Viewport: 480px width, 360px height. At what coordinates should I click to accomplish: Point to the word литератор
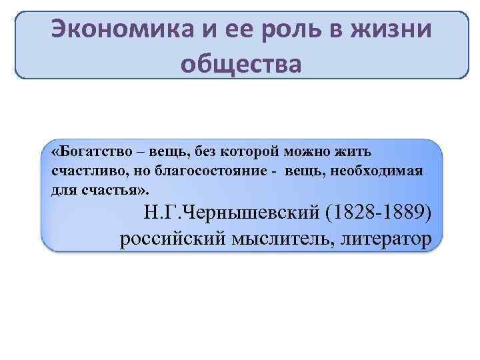click(x=383, y=238)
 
